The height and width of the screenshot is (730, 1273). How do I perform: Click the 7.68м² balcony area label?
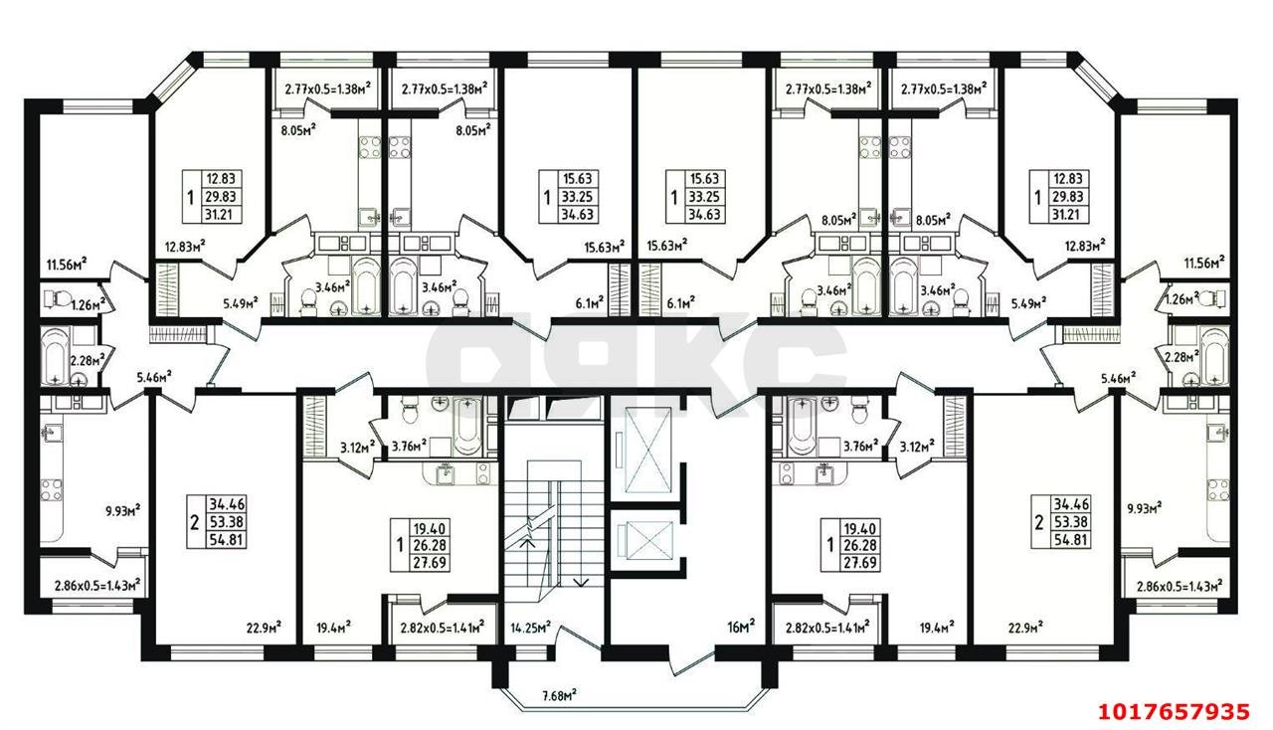click(x=559, y=695)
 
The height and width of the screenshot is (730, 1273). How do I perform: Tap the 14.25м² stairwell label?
click(x=531, y=628)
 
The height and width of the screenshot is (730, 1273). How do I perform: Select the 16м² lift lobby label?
click(x=741, y=627)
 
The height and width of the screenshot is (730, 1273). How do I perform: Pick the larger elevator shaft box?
click(x=647, y=450)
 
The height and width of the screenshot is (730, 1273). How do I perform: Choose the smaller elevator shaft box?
click(x=647, y=538)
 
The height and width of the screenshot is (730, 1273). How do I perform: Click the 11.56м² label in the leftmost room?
click(x=67, y=264)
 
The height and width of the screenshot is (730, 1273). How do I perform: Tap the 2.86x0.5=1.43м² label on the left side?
click(x=97, y=586)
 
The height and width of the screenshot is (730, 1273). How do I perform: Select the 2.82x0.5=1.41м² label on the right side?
click(x=827, y=628)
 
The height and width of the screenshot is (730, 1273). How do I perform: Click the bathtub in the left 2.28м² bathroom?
click(x=56, y=356)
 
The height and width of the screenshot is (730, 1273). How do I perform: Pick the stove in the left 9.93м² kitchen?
click(x=51, y=489)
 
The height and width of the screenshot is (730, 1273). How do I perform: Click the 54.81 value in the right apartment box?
click(x=1071, y=539)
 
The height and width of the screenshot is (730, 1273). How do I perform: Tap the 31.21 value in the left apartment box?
click(x=221, y=215)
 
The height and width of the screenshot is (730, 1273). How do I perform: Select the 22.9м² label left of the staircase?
click(x=264, y=628)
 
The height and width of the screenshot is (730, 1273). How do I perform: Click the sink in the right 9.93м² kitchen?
click(x=1218, y=433)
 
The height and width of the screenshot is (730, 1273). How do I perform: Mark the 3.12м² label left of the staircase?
click(x=357, y=447)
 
